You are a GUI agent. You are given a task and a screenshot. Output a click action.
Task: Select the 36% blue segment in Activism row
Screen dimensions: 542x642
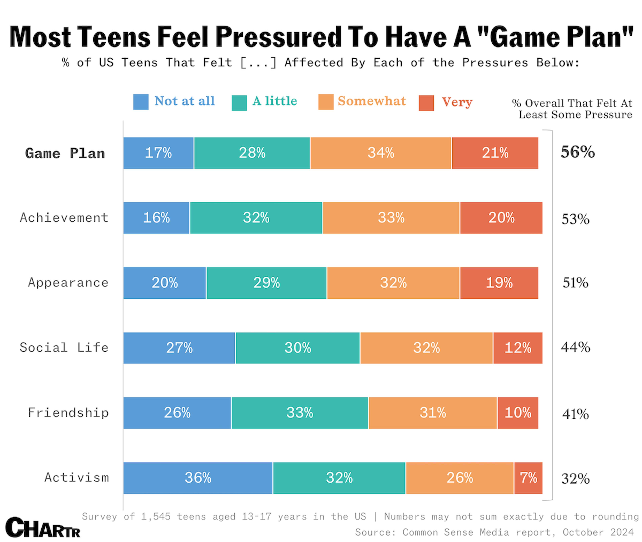pos(198,478)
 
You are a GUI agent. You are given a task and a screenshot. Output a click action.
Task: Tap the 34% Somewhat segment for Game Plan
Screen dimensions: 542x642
pos(381,153)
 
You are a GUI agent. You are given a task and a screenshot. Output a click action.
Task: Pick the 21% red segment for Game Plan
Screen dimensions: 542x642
pos(495,153)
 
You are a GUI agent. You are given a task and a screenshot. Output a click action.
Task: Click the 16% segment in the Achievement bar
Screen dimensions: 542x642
pos(156,218)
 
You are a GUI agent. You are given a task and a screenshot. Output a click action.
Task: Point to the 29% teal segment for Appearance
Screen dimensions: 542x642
pos(266,283)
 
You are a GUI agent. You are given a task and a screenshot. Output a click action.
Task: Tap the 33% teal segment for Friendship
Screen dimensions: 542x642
pos(299,413)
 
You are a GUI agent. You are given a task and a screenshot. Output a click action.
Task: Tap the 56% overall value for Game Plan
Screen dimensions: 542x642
pos(577,152)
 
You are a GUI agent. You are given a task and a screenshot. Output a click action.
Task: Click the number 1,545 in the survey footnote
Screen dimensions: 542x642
pos(156,516)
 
